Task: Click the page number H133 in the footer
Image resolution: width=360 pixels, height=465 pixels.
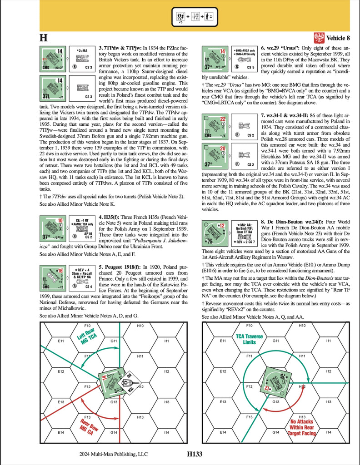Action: pyautogui.click(x=194, y=453)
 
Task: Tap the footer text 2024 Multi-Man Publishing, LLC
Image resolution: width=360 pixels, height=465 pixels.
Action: pyautogui.click(x=113, y=453)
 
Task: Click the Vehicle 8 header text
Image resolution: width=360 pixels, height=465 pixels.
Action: pyautogui.click(x=338, y=38)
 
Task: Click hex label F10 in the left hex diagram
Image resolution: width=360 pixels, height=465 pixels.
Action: pyautogui.click(x=88, y=326)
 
